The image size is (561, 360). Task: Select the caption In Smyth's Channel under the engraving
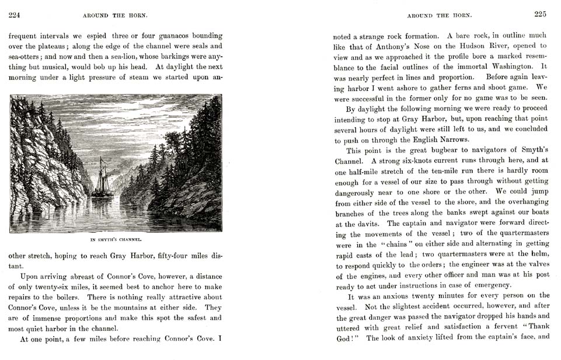[116, 240]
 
